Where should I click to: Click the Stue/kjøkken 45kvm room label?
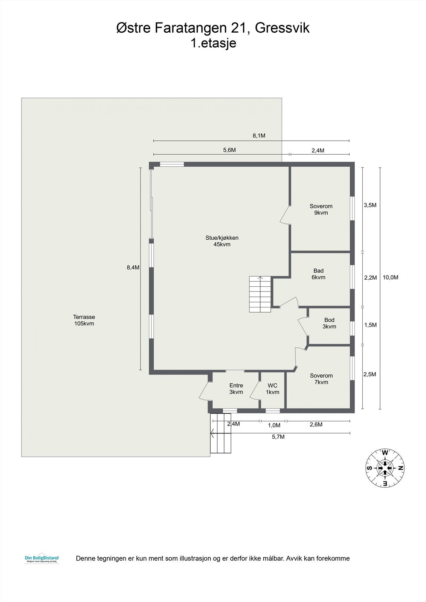(222, 241)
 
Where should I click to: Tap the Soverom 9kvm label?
(321, 210)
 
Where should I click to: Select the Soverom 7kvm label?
(321, 379)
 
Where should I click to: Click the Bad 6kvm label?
(318, 274)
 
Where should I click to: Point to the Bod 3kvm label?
(329, 323)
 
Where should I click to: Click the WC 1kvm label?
(272, 389)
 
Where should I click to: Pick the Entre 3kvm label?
(236, 389)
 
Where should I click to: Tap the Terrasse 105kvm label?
(84, 320)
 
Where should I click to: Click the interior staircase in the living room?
(260, 294)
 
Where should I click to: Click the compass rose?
(385, 468)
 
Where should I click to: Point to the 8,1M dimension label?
(259, 136)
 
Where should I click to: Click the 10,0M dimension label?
(391, 278)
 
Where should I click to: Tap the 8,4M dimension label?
(133, 268)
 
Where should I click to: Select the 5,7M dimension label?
(278, 437)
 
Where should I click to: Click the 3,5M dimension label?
(370, 205)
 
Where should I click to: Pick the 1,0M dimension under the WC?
(274, 425)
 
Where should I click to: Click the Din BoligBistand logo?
(42, 559)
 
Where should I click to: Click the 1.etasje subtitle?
(213, 43)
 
